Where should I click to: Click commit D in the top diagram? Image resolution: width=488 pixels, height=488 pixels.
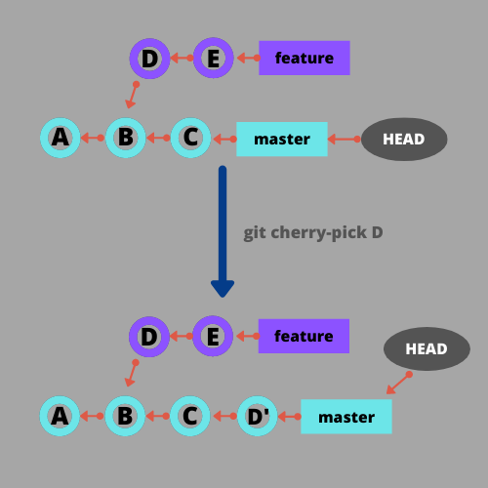149,59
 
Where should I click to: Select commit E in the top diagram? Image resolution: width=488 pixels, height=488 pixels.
213,59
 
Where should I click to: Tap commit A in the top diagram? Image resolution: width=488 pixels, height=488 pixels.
61,138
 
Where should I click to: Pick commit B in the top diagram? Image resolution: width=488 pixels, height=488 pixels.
125,138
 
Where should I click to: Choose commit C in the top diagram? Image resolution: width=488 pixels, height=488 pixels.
190,138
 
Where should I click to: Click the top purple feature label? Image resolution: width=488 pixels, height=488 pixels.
304,59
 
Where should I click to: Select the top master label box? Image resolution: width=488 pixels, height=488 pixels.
282,140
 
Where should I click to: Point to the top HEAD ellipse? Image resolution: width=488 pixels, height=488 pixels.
404,139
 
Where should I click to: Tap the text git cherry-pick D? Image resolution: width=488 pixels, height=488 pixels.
312,233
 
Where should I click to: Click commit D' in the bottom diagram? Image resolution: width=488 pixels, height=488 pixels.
258,417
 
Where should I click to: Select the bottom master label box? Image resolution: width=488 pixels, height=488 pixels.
346,417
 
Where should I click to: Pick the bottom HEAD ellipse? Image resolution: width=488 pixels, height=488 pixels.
427,348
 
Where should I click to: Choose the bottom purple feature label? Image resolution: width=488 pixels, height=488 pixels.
304,337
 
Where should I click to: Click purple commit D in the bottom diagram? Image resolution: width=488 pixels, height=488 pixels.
149,337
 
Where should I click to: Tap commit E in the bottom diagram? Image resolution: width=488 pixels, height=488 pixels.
213,337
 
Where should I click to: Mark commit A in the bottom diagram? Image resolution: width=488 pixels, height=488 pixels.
61,417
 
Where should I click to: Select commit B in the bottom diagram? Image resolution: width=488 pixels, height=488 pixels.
125,417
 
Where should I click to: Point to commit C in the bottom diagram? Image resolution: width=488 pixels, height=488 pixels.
190,417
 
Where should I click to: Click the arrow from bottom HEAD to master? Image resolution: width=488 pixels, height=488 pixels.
398,384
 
